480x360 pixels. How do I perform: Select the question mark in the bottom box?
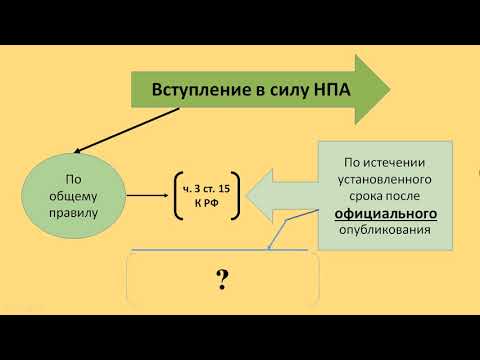coord(222,278)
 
